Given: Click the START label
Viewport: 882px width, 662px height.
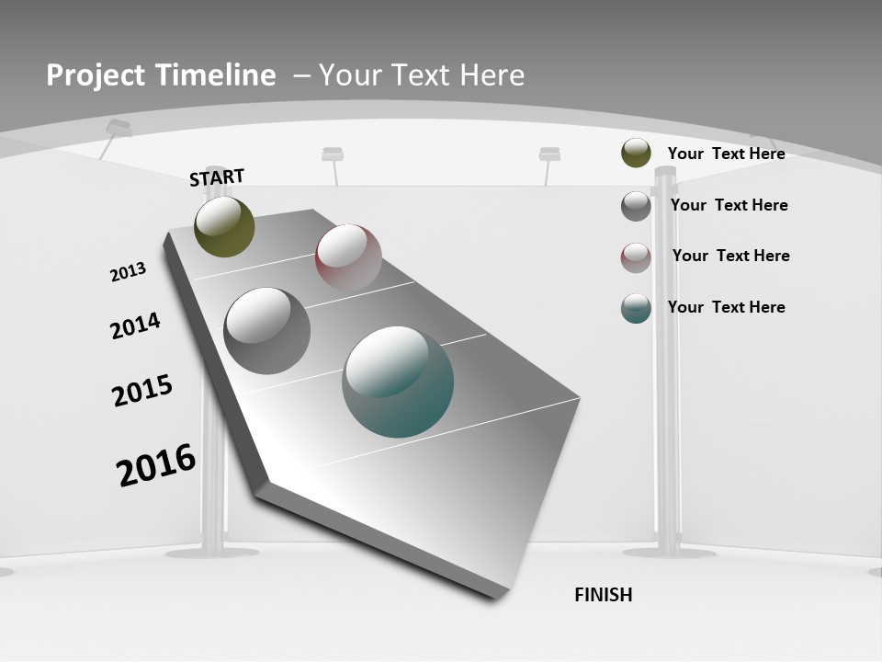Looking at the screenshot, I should [x=217, y=177].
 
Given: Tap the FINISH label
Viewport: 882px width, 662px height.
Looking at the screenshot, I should [x=604, y=595].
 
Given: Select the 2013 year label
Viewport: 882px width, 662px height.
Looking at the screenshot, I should [x=128, y=272].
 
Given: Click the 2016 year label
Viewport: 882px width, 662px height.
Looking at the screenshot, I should [x=156, y=465].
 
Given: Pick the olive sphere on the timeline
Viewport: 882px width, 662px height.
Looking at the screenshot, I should [x=224, y=227].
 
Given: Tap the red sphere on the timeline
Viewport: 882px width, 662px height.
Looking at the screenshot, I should [x=348, y=257].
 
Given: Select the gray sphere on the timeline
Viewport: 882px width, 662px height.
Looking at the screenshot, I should [x=267, y=331].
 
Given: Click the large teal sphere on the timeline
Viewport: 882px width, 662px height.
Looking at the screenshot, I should [x=398, y=382].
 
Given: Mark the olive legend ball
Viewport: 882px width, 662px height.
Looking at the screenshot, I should [x=636, y=154].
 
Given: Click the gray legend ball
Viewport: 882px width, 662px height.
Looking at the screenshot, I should [x=636, y=206].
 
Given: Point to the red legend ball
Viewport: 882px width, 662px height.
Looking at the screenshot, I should [x=636, y=258].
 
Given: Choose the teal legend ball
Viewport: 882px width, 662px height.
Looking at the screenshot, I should [x=636, y=309].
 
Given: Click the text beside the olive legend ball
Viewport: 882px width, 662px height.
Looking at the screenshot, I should [x=726, y=154].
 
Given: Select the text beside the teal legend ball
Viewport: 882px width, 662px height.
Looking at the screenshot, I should [x=726, y=307].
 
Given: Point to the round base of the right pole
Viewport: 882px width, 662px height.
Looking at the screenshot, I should [x=669, y=553].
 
